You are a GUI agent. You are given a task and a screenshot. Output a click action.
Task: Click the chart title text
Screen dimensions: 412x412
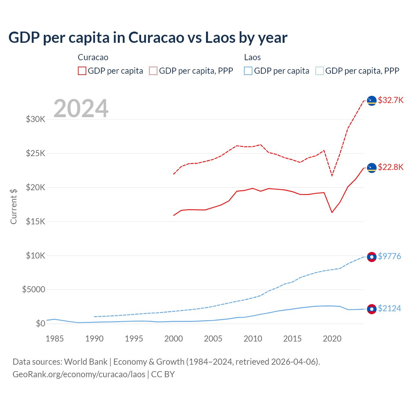click(148, 38)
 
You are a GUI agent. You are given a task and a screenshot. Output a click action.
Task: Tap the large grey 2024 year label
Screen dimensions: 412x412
click(81, 108)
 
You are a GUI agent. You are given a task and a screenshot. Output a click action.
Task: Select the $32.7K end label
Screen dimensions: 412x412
click(390, 100)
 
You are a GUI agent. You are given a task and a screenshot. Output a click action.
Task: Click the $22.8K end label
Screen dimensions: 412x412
click(390, 167)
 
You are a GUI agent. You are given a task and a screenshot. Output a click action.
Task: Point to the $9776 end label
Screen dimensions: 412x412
click(389, 256)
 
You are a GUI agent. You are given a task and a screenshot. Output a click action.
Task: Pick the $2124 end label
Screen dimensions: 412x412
click(389, 308)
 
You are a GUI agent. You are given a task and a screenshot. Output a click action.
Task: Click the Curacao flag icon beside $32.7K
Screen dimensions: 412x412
click(372, 101)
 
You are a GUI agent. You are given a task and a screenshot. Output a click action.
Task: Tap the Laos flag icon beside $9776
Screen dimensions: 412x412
click(372, 257)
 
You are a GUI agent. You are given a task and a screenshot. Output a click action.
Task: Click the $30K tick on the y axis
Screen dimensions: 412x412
click(36, 119)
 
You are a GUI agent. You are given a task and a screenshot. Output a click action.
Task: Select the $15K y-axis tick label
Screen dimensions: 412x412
click(36, 221)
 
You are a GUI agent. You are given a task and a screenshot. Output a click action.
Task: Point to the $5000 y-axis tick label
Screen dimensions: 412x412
click(34, 289)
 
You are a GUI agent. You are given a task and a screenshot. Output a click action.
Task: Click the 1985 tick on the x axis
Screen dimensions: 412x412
click(54, 339)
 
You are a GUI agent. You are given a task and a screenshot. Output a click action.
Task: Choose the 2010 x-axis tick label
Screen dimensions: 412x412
click(253, 339)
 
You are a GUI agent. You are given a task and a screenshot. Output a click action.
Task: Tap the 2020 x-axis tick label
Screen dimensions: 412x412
click(332, 339)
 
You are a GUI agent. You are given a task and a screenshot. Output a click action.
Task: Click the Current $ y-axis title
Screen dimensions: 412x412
click(14, 206)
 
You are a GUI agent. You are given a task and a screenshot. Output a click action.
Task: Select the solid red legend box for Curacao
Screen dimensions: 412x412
click(82, 71)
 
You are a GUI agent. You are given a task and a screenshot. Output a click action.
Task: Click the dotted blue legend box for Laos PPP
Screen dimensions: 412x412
click(320, 71)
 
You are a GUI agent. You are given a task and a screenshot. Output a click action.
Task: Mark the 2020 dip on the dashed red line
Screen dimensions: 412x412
click(332, 176)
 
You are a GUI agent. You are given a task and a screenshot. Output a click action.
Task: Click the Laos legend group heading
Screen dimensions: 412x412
click(252, 57)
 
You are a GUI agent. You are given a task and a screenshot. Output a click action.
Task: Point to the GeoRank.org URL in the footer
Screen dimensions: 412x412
click(79, 374)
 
